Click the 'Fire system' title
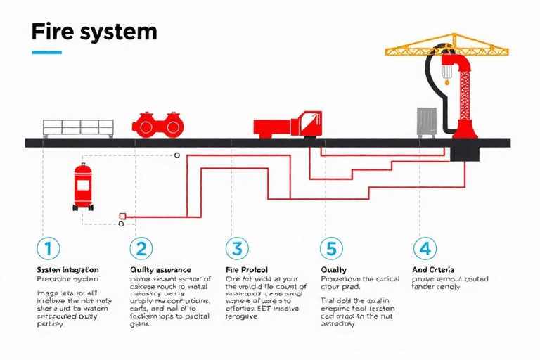[94, 32]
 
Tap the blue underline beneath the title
[47, 52]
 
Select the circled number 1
[48, 248]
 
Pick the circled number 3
[236, 248]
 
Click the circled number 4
[423, 248]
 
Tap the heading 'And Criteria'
[433, 269]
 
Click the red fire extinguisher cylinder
[84, 187]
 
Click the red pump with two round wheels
[157, 124]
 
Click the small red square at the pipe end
[123, 215]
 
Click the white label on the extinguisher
[84, 186]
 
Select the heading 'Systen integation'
[67, 269]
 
